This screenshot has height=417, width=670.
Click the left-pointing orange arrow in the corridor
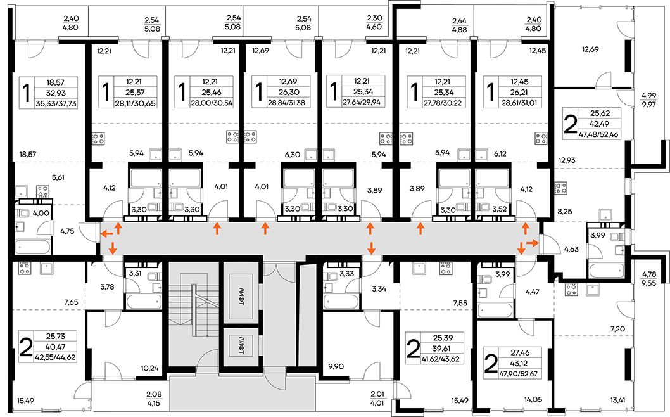(x=107, y=234)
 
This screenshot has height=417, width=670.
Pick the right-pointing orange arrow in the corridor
(x=533, y=243)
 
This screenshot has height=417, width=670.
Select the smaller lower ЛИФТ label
(x=241, y=346)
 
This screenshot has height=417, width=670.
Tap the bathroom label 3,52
(x=499, y=210)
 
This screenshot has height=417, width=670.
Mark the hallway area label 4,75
(x=67, y=231)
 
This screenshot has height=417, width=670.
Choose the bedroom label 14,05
(x=533, y=401)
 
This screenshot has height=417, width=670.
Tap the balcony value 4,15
(x=153, y=403)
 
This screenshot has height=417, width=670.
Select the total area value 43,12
(x=519, y=364)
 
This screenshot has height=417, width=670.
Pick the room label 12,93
(x=567, y=160)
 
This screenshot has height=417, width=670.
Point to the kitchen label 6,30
(x=293, y=155)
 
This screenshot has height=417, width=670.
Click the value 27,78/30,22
(x=436, y=103)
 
